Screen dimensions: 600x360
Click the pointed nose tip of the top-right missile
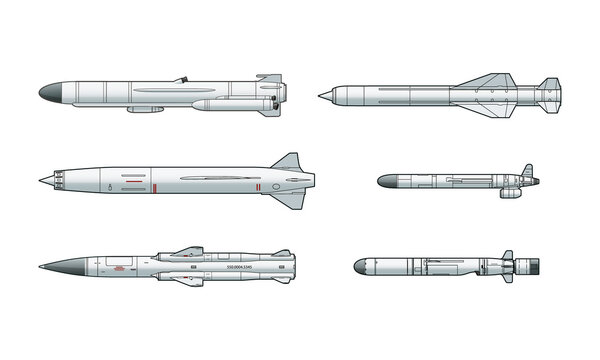[320, 95]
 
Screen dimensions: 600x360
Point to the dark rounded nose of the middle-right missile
[386, 182]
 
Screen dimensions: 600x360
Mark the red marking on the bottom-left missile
[121, 266]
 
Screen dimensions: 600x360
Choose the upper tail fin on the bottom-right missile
[507, 255]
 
